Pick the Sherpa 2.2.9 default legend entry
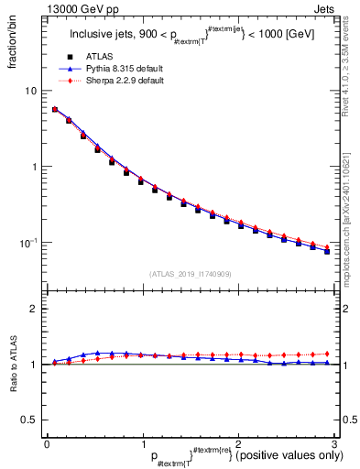[113, 81]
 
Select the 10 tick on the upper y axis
[33, 91]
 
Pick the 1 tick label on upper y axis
[35, 167]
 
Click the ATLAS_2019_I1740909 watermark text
[190, 274]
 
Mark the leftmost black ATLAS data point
[55, 110]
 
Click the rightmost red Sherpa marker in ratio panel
[327, 353]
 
